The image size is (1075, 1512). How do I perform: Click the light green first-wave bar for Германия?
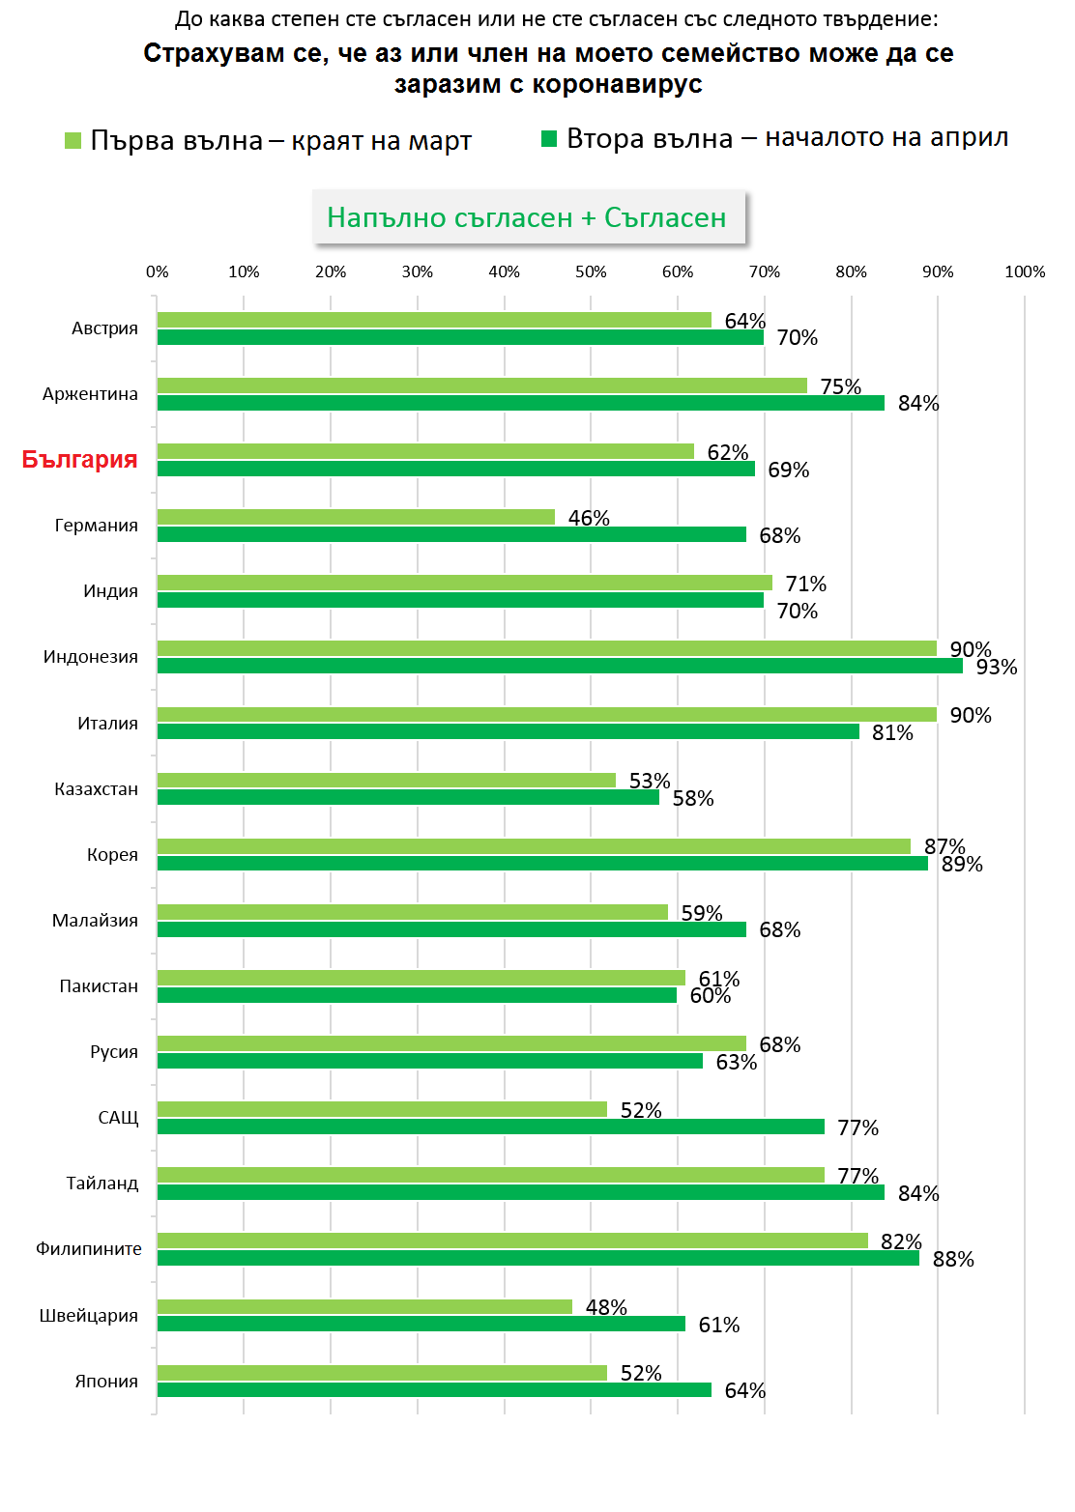pyautogui.click(x=356, y=517)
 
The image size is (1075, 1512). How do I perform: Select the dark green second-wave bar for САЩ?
pyautogui.click(x=491, y=1127)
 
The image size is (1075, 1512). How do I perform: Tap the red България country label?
pyautogui.click(x=79, y=459)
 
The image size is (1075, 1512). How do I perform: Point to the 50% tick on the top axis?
pyautogui.click(x=591, y=272)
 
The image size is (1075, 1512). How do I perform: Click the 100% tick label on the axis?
pyautogui.click(x=1024, y=272)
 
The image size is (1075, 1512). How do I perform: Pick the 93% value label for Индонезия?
pyautogui.click(x=996, y=668)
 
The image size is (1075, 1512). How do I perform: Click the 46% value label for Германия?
pyautogui.click(x=589, y=519)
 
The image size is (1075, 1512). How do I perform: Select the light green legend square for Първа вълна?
pyautogui.click(x=73, y=141)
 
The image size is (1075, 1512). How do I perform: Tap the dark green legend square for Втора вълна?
pyautogui.click(x=549, y=139)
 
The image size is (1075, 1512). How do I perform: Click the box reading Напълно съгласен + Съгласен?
pyautogui.click(x=527, y=217)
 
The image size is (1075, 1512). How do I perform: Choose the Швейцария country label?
pyautogui.click(x=88, y=1315)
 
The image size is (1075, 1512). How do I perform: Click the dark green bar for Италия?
pyautogui.click(x=508, y=731)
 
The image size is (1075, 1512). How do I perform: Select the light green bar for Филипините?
pyautogui.click(x=512, y=1241)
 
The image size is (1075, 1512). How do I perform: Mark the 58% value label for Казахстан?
pyautogui.click(x=693, y=799)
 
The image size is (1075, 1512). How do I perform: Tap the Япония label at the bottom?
pyautogui.click(x=106, y=1381)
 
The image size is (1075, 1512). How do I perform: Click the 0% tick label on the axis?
pyautogui.click(x=157, y=272)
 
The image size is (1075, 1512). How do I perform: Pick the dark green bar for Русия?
pyautogui.click(x=430, y=1061)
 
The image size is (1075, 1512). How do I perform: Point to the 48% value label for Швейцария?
pyautogui.click(x=606, y=1307)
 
